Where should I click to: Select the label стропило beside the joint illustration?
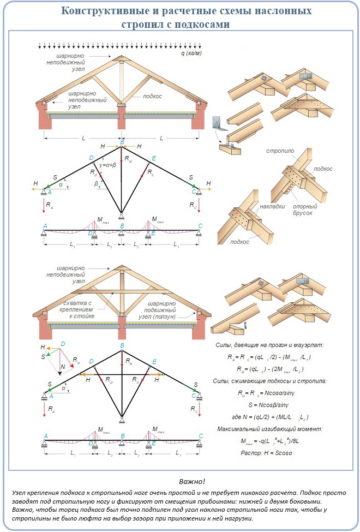click(x=280, y=150)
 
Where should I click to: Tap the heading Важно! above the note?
click(x=191, y=481)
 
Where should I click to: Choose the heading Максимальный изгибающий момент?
click(x=271, y=429)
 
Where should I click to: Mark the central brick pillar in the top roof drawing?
click(x=121, y=118)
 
